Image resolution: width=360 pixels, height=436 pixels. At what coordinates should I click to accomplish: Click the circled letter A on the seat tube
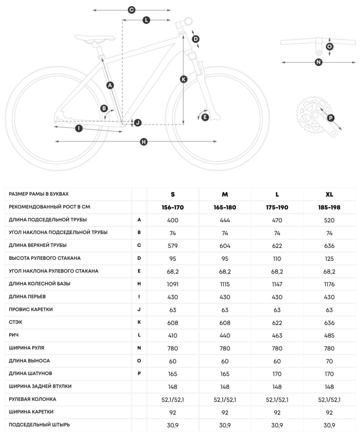click(110, 85)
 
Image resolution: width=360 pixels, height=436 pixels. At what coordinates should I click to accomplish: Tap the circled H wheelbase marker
click(144, 142)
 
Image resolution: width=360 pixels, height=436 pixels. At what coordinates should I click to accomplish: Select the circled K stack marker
click(183, 79)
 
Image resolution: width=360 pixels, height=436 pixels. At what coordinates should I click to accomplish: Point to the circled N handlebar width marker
click(318, 62)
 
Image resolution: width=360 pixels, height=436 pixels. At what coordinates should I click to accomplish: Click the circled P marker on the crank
click(330, 118)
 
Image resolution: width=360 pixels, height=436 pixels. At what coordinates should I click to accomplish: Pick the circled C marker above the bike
click(132, 10)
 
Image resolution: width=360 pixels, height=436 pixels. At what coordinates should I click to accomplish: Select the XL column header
click(329, 194)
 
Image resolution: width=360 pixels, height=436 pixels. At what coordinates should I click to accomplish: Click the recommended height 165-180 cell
click(225, 207)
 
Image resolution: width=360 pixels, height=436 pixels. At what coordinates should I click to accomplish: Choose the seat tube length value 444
click(225, 220)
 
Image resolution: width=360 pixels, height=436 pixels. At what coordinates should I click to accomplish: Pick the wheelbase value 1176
click(329, 284)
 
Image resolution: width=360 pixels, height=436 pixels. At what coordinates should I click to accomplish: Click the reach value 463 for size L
click(277, 336)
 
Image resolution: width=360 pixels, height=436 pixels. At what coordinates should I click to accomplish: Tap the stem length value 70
click(329, 361)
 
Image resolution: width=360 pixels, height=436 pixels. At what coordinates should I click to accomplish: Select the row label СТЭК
click(16, 322)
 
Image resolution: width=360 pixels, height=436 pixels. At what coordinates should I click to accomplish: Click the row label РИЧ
click(14, 335)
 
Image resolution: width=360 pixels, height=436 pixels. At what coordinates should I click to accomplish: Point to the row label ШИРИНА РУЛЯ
click(27, 348)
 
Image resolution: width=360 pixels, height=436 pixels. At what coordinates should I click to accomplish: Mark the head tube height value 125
click(329, 259)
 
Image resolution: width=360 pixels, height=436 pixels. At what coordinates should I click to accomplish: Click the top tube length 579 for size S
click(173, 246)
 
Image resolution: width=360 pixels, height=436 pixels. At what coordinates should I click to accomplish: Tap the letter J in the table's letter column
click(139, 309)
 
